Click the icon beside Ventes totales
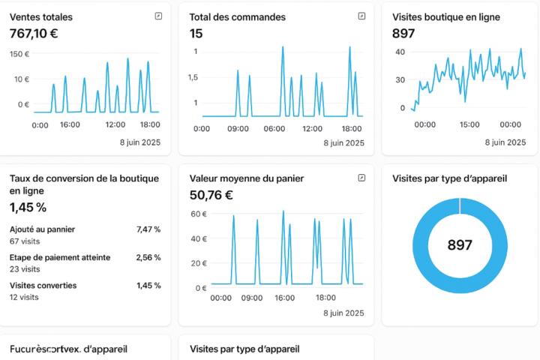[x=158, y=16]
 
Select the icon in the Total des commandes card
[x=361, y=16]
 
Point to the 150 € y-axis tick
[x=19, y=54]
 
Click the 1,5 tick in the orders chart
[x=193, y=77]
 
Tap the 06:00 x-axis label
[x=274, y=128]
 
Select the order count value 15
[x=196, y=33]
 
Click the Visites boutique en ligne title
[x=445, y=16]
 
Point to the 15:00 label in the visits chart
[x=469, y=124]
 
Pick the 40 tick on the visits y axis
[x=400, y=52]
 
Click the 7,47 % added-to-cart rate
[x=148, y=229]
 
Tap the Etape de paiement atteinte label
[x=60, y=257]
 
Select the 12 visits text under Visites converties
[x=24, y=297]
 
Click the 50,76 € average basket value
[x=211, y=196]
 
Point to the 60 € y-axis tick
[x=198, y=214]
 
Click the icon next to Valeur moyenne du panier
[x=361, y=178]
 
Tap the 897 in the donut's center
[x=460, y=245]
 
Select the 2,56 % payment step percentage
[x=148, y=257]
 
